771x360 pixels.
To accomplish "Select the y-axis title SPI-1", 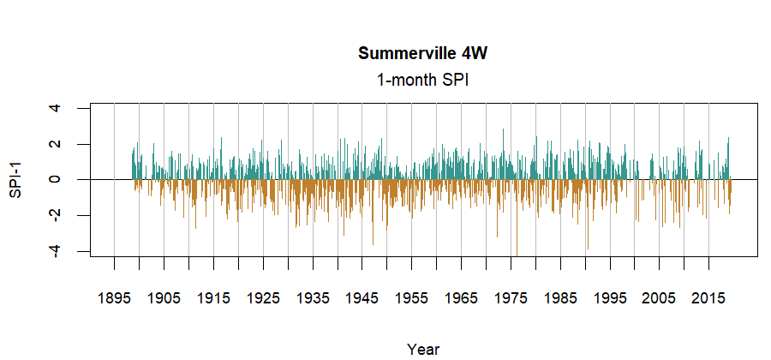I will (x=15, y=180).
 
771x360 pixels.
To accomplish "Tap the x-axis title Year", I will (x=423, y=349).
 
